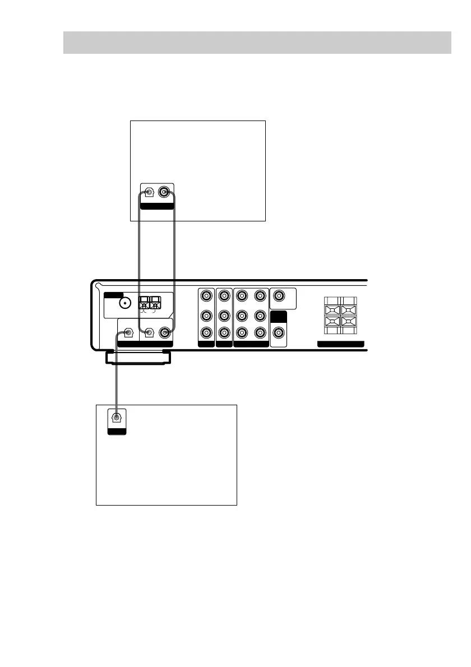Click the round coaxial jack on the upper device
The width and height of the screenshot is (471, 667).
tap(164, 193)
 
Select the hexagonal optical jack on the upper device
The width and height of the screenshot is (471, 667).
tap(148, 193)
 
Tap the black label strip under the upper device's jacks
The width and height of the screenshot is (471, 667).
tap(156, 206)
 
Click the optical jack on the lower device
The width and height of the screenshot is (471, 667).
tap(117, 418)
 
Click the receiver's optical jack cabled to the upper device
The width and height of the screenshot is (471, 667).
tap(149, 333)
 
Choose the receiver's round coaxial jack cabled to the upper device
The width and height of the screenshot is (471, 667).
tap(165, 333)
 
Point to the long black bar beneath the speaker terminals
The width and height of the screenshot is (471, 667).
tap(340, 344)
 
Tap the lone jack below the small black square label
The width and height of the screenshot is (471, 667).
tap(278, 333)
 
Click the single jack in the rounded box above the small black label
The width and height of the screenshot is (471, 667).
tap(278, 295)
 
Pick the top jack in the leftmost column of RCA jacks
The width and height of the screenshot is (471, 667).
tap(207, 295)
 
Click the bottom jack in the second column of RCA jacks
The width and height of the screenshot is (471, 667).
tap(224, 333)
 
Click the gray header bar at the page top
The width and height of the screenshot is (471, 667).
tap(257, 42)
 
